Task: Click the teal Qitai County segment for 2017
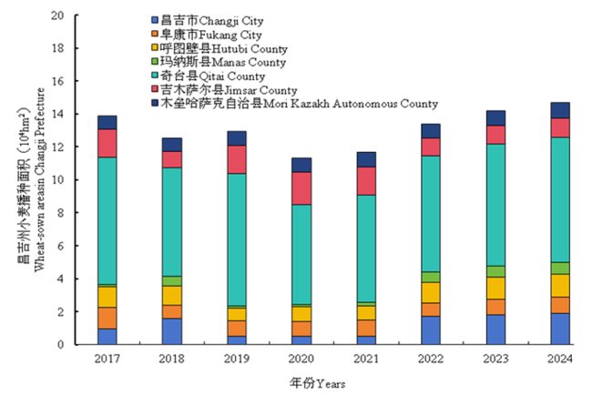tap(107, 221)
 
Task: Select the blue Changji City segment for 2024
tap(560, 328)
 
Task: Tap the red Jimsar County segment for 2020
tap(301, 187)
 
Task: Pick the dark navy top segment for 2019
tap(237, 137)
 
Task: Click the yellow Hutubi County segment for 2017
tap(107, 297)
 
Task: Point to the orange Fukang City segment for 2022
tap(431, 309)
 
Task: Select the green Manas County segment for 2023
tap(495, 271)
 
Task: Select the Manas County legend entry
tap(223, 63)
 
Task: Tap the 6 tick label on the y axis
tap(61, 246)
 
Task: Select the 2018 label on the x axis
tap(172, 359)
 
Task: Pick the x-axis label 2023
tap(495, 359)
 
